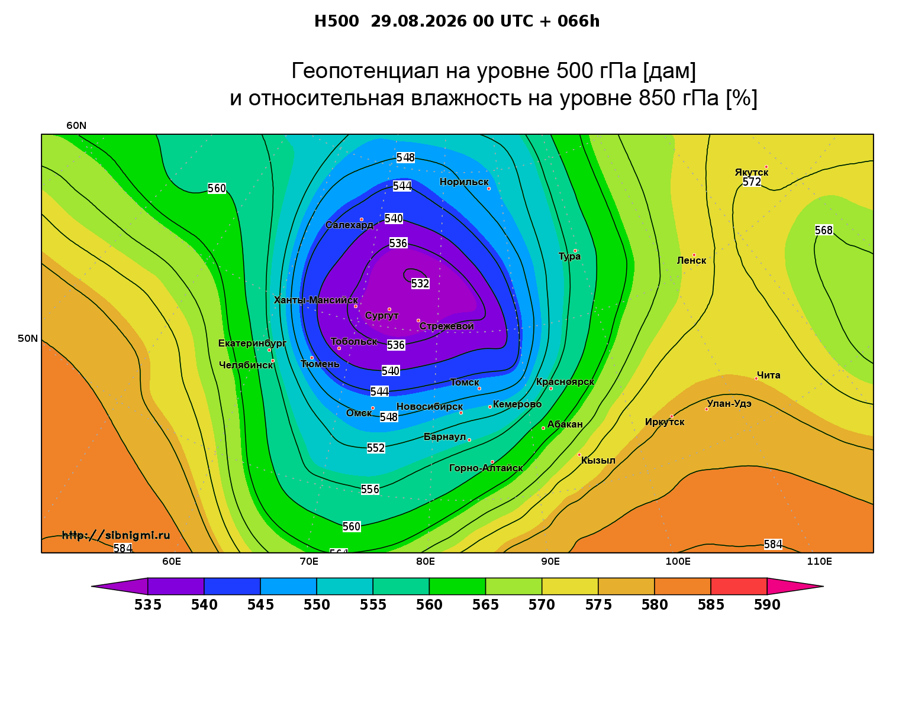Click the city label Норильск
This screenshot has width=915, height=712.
pos(463,182)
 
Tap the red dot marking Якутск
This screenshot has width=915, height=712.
pos(766,167)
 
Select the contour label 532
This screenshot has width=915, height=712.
pos(420,283)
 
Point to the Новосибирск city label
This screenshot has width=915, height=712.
pos(430,407)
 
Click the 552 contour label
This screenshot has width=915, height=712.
pos(376,448)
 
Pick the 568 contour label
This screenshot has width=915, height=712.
pos(824,231)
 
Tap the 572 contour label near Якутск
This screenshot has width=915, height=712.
pos(752,182)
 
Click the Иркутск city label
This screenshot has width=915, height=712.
pos(665,422)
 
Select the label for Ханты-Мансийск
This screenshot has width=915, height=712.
pos(316,300)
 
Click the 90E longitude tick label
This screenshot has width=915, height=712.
pos(550,561)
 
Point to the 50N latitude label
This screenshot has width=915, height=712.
pos(28,338)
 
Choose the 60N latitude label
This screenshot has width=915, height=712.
pos(76,126)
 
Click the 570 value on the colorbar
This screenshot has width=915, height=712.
pos(542,605)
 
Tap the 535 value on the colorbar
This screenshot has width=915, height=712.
pos(148,605)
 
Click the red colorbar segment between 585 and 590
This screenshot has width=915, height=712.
pos(739,586)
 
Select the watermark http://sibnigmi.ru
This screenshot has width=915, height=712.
pos(116,535)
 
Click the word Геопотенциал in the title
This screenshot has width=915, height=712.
pos(365,70)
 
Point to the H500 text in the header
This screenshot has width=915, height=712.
pos(336,21)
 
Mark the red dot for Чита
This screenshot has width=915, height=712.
pos(756,378)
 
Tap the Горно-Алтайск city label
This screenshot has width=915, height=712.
pos(486,468)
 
